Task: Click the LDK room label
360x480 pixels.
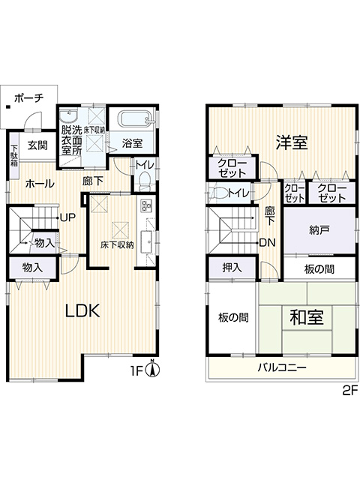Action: click(x=82, y=311)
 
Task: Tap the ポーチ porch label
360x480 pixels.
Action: click(x=29, y=98)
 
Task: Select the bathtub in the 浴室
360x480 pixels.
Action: click(x=135, y=118)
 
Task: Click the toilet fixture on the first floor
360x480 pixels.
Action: click(x=142, y=180)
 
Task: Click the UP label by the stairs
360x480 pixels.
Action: click(x=67, y=217)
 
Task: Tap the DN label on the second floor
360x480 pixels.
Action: click(x=268, y=243)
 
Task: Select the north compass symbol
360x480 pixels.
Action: click(x=154, y=369)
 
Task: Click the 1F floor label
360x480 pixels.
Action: click(x=137, y=372)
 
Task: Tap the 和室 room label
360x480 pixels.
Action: click(x=307, y=317)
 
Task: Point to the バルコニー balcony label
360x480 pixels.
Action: click(x=282, y=367)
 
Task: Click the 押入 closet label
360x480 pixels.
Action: click(x=232, y=268)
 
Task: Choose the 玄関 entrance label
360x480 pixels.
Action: click(x=37, y=145)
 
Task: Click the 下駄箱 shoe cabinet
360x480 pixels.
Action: click(x=14, y=156)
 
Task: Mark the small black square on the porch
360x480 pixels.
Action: click(x=8, y=106)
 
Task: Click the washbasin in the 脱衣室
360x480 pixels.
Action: click(x=69, y=117)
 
